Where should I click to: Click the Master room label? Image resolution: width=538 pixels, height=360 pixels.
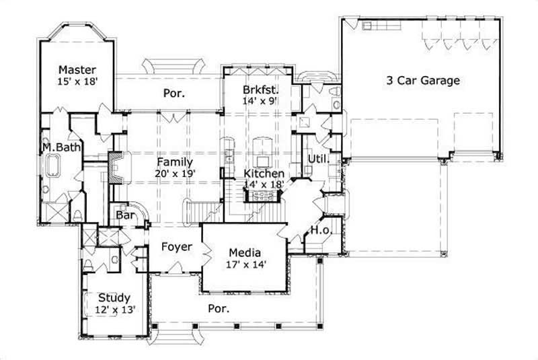pos(76,70)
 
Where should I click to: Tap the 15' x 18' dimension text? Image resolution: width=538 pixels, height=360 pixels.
pos(76,81)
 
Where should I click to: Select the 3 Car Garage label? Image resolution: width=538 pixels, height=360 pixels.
pos(422,81)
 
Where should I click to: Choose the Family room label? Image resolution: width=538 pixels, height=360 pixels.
pos(175,162)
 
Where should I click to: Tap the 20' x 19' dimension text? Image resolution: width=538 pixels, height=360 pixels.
pos(175,174)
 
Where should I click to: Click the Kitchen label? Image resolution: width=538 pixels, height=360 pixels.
pos(263,173)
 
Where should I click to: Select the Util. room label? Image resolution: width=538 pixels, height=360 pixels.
pos(317,159)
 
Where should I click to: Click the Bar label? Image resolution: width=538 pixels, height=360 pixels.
pos(124,216)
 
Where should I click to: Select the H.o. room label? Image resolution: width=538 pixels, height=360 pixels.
pos(318,231)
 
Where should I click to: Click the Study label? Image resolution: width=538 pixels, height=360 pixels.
pos(114,297)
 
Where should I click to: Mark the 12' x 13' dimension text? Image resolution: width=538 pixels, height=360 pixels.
pos(114,310)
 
